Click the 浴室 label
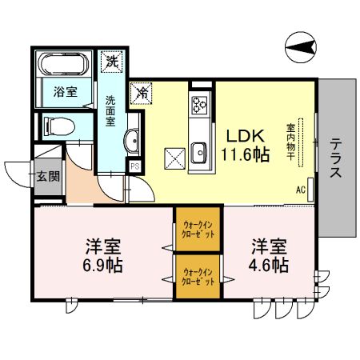[65, 91]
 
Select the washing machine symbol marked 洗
[109, 60]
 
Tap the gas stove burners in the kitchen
[198, 105]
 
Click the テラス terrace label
[336, 157]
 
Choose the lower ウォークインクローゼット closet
[198, 277]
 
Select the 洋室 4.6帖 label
[269, 254]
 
